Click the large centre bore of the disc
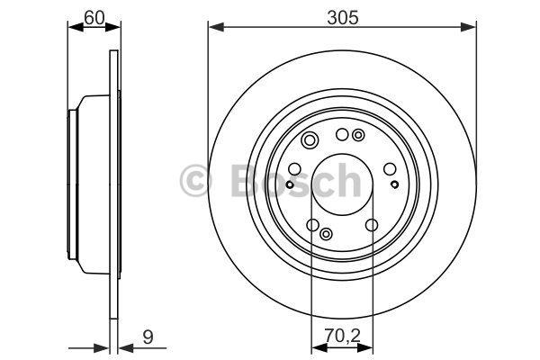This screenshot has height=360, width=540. click(x=341, y=183)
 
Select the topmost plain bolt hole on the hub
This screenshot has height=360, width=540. click(x=341, y=135)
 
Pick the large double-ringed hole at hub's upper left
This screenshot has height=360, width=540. click(x=310, y=140)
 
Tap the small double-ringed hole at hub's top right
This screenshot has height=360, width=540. click(x=359, y=136)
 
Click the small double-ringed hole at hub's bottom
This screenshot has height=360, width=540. click(x=326, y=234)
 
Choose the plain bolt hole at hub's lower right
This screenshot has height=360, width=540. click(x=371, y=225)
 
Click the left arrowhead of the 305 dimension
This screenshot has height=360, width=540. click(x=213, y=28)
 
